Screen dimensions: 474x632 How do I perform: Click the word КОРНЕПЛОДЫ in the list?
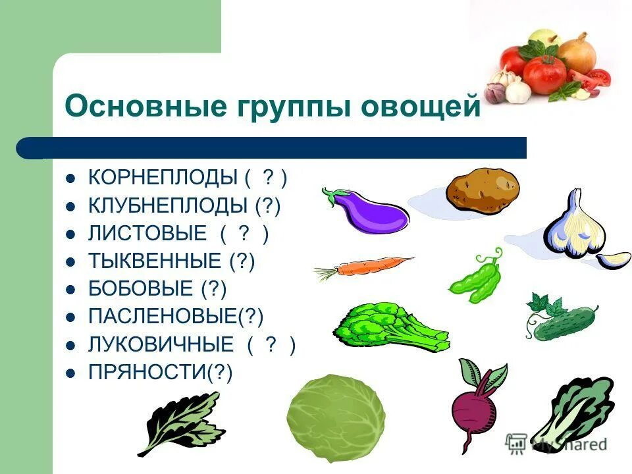pyautogui.click(x=163, y=178)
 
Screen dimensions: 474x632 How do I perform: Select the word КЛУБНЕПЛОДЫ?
pyautogui.click(x=168, y=206)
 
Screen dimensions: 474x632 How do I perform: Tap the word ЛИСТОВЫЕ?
pyautogui.click(x=147, y=234)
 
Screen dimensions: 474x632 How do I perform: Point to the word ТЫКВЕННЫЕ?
pyautogui.click(x=155, y=261)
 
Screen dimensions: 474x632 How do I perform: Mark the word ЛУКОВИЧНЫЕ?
pyautogui.click(x=161, y=344)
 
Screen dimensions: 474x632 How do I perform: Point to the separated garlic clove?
pyautogui.click(x=614, y=259)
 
